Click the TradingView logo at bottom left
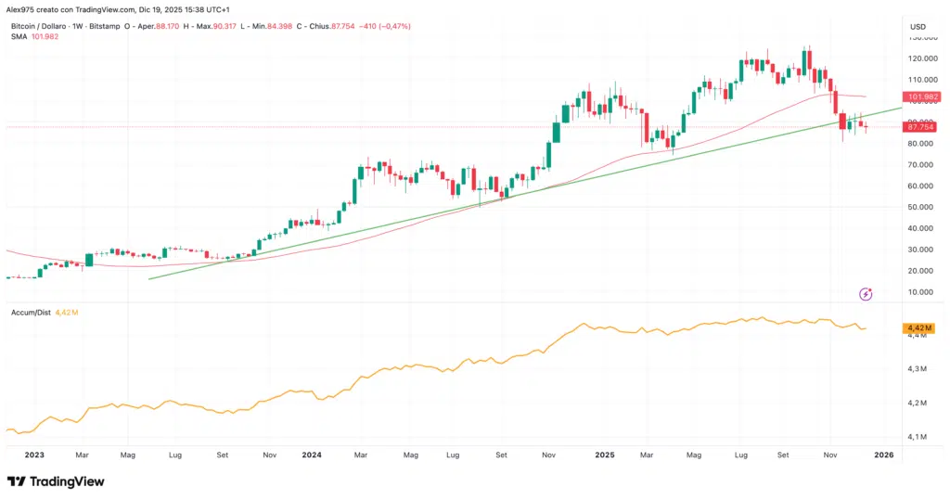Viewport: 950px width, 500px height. tap(56, 481)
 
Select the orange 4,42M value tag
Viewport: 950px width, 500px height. tap(918, 328)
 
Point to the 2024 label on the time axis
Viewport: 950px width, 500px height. tap(311, 455)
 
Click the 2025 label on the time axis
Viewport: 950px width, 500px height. tap(604, 455)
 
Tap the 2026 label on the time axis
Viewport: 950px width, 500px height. tap(883, 455)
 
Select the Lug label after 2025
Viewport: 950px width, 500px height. tap(740, 455)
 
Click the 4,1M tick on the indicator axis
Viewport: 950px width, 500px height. tap(917, 436)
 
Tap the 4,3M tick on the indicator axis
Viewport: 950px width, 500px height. tap(917, 369)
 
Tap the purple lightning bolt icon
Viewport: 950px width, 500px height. tap(866, 294)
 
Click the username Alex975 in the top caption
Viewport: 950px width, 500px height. tap(23, 8)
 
